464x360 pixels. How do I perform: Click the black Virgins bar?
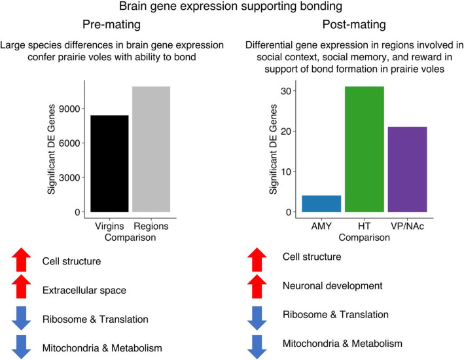pos(110,164)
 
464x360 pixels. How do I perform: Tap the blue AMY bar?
pos(321,204)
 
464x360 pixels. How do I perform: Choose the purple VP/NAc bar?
pos(407,170)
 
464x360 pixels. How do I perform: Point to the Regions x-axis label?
pos(151,226)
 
